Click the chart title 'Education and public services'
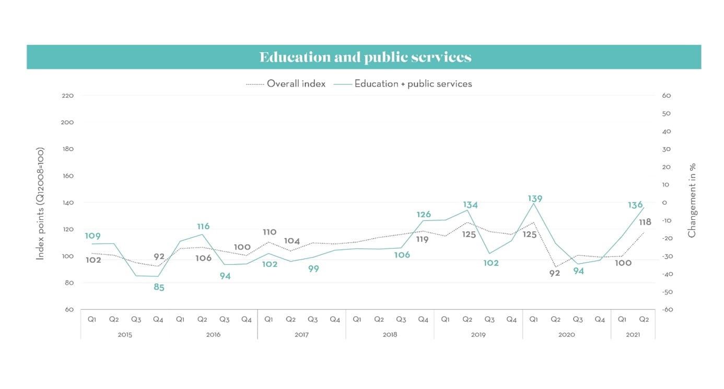click(365, 57)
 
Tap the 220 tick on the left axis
click(68, 96)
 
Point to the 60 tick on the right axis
click(666, 96)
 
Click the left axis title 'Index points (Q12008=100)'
click(40, 203)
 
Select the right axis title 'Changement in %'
click(692, 201)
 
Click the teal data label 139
click(535, 198)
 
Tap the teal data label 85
click(159, 287)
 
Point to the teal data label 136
click(635, 205)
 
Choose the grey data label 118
click(645, 222)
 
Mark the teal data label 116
click(203, 226)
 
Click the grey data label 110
click(270, 232)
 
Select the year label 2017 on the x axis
click(301, 335)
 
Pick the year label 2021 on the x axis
click(633, 335)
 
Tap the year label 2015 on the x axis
click(125, 335)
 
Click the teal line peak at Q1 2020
click(533, 204)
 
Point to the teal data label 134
click(470, 205)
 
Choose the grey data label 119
click(422, 240)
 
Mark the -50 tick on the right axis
click(665, 292)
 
